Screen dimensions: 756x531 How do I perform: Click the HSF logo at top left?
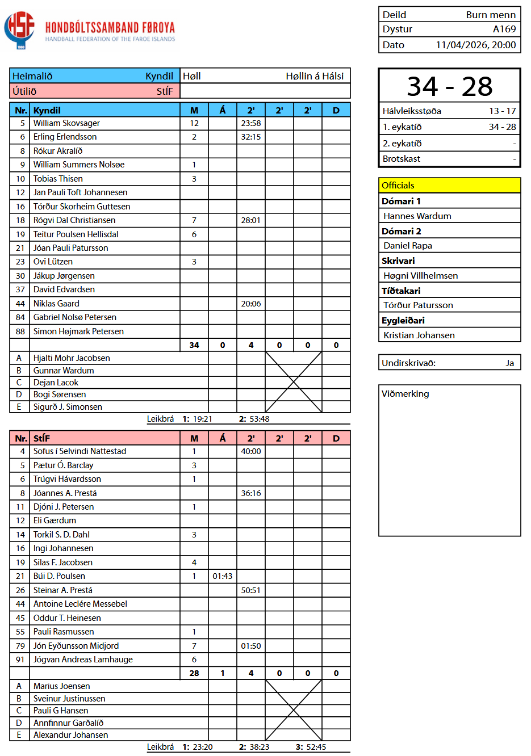pos(19,29)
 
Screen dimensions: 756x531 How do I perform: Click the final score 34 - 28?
pos(449,86)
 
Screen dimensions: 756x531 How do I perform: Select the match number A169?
pos(504,29)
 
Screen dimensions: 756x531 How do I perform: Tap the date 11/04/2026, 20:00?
pos(476,45)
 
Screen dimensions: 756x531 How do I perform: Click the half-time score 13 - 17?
pos(502,111)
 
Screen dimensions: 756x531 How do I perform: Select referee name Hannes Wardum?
pos(417,216)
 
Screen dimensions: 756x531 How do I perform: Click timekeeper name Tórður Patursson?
pos(418,305)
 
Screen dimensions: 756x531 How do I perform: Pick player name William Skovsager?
pos(66,123)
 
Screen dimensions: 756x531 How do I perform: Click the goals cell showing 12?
pos(194,123)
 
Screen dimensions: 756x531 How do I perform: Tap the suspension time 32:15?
pos(251,137)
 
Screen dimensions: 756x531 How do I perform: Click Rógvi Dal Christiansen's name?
pos(74,220)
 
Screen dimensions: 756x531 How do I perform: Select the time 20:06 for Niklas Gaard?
pos(251,304)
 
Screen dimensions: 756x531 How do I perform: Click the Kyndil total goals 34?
pos(194,345)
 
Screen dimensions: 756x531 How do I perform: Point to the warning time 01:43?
pos(223,576)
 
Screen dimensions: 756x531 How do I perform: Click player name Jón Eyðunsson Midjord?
pos(76,646)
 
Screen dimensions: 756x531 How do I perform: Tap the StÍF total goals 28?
pos(194,673)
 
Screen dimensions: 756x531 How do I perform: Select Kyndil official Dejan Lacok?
pos(56,383)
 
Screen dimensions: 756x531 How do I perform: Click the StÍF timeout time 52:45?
pos(315,747)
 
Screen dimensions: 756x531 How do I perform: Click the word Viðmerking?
pos(405,394)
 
